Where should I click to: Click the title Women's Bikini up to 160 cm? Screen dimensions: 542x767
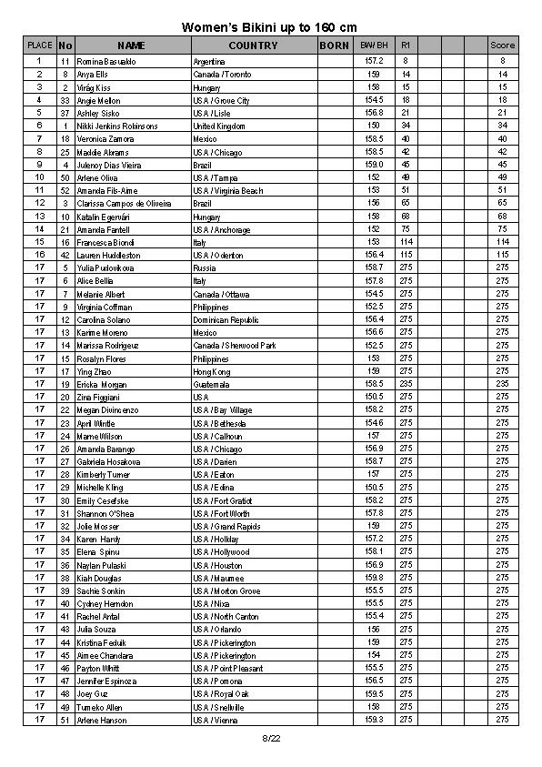270,27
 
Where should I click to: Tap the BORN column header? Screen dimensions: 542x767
334,45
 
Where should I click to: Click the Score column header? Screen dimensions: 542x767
502,45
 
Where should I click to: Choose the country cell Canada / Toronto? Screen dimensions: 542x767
222,74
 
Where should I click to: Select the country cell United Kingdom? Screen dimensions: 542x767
219,126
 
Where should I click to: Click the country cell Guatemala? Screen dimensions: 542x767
212,385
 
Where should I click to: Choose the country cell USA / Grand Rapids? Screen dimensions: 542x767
226,527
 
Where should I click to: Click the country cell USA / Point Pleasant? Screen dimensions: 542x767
227,669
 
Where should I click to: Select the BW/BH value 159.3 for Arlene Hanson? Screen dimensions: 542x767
374,720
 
